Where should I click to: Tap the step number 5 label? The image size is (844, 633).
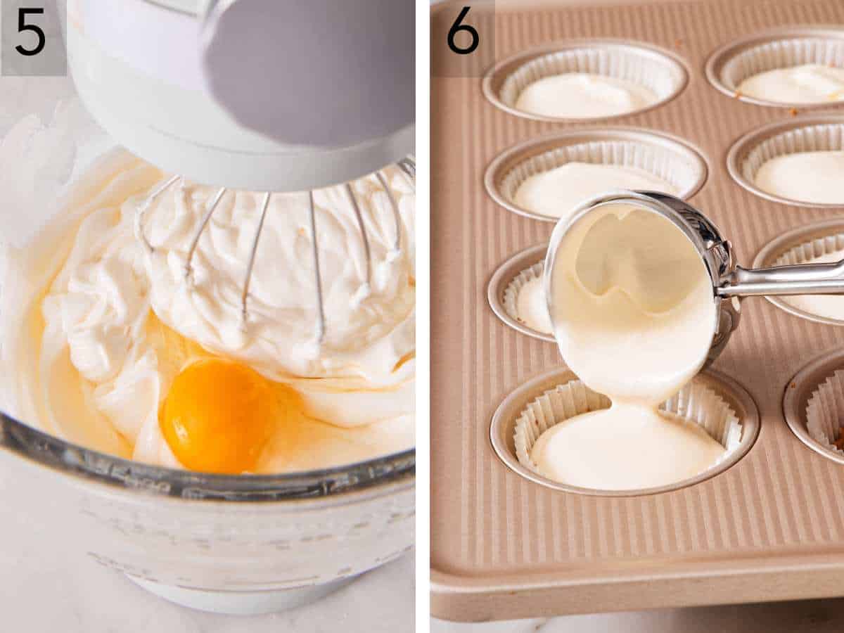(31, 32)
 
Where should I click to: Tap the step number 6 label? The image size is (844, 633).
(462, 32)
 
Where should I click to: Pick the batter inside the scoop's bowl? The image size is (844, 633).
(626, 295)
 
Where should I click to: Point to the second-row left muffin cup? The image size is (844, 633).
(594, 172)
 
